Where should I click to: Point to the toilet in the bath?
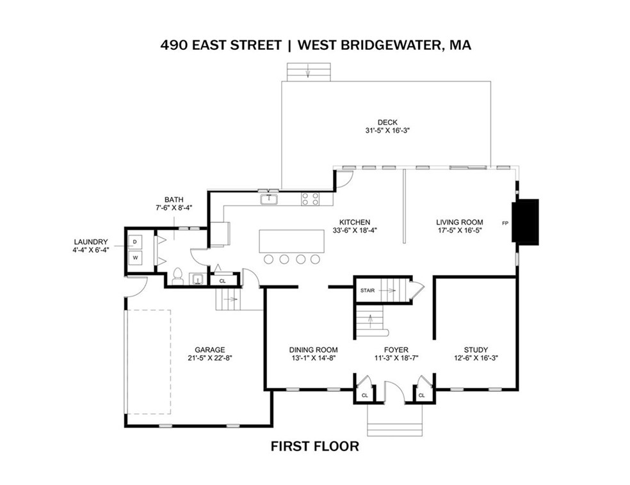178,277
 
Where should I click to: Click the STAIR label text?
367,290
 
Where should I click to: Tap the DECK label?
387,122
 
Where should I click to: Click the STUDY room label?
476,349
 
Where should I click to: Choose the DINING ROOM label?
313,349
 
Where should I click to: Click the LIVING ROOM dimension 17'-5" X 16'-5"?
455,231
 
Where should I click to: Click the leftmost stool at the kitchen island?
270,259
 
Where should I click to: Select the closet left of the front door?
364,390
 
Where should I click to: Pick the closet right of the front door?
422,390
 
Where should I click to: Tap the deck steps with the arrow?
307,71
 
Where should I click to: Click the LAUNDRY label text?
92,241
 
